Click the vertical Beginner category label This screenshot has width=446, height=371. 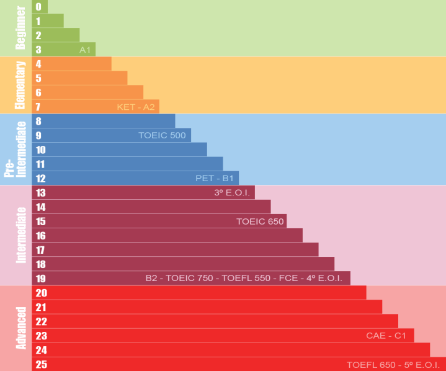pyautogui.click(x=21, y=28)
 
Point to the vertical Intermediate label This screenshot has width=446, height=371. pyautogui.click(x=21, y=235)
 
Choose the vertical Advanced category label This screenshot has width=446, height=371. pyautogui.click(x=21, y=328)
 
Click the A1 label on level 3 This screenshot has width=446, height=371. pyautogui.click(x=86, y=50)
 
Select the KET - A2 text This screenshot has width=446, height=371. pyautogui.click(x=136, y=107)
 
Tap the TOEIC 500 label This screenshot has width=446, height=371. pyautogui.click(x=162, y=135)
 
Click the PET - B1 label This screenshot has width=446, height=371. pyautogui.click(x=215, y=178)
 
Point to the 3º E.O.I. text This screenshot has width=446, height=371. pyautogui.click(x=232, y=192)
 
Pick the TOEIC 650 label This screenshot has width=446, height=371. pyautogui.click(x=260, y=221)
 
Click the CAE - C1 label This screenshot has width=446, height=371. pyautogui.click(x=386, y=336)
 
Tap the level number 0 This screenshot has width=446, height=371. pyautogui.click(x=38, y=7)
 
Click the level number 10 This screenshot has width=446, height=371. pyautogui.click(x=41, y=150)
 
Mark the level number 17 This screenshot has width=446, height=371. pyautogui.click(x=41, y=250)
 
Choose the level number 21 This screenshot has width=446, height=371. pyautogui.click(x=41, y=307)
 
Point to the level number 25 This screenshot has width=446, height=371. pyautogui.click(x=41, y=364)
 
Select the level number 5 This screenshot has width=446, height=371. pyautogui.click(x=38, y=78)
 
